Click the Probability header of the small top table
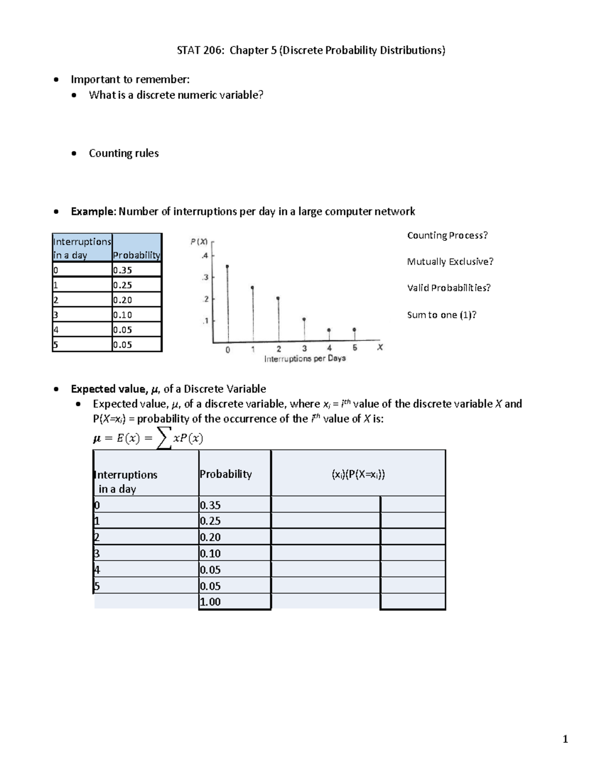pos(136,255)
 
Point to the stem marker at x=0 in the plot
pos(228,267)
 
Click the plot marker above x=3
pos(304,319)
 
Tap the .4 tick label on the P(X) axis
pos(204,255)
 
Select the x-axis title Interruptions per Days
pos(305,359)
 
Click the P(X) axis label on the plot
pos(199,241)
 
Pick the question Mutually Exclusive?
pos(450,262)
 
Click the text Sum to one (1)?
pos(441,315)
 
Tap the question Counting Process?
pos(447,235)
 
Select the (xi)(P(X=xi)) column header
pos(358,474)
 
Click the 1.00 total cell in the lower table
pos(210,602)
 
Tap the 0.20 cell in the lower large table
pos(210,537)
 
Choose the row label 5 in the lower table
pos(97,586)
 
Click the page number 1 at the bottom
pos(565,739)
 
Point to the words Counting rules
pos(123,153)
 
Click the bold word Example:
pos(94,211)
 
